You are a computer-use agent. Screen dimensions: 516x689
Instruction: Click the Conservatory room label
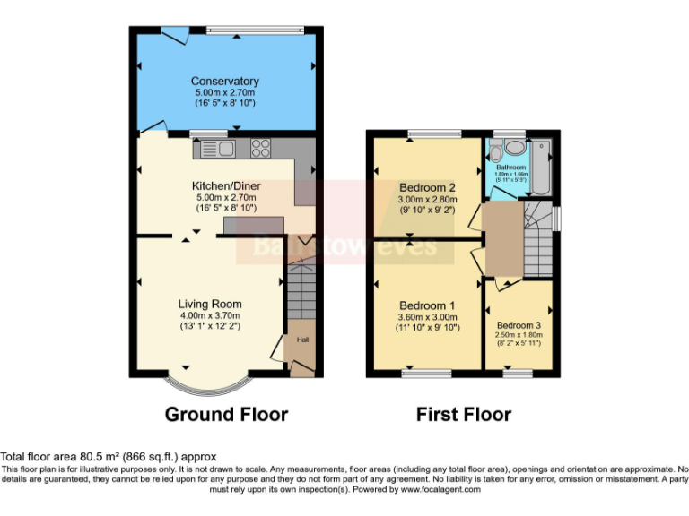(x=225, y=82)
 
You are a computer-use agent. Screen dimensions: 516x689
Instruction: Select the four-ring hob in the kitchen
(x=262, y=149)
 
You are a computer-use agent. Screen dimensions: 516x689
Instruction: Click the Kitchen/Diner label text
(x=225, y=185)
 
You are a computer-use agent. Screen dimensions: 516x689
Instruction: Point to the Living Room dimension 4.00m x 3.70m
(x=209, y=314)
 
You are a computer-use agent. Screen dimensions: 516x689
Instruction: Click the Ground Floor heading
(x=226, y=415)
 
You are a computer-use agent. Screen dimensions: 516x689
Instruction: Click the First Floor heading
(x=464, y=415)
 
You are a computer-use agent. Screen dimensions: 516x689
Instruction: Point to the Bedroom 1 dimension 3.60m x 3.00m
(x=427, y=317)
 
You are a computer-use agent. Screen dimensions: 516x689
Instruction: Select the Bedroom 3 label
(x=519, y=325)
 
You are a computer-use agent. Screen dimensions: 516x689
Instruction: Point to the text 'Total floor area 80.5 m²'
(x=61, y=457)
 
